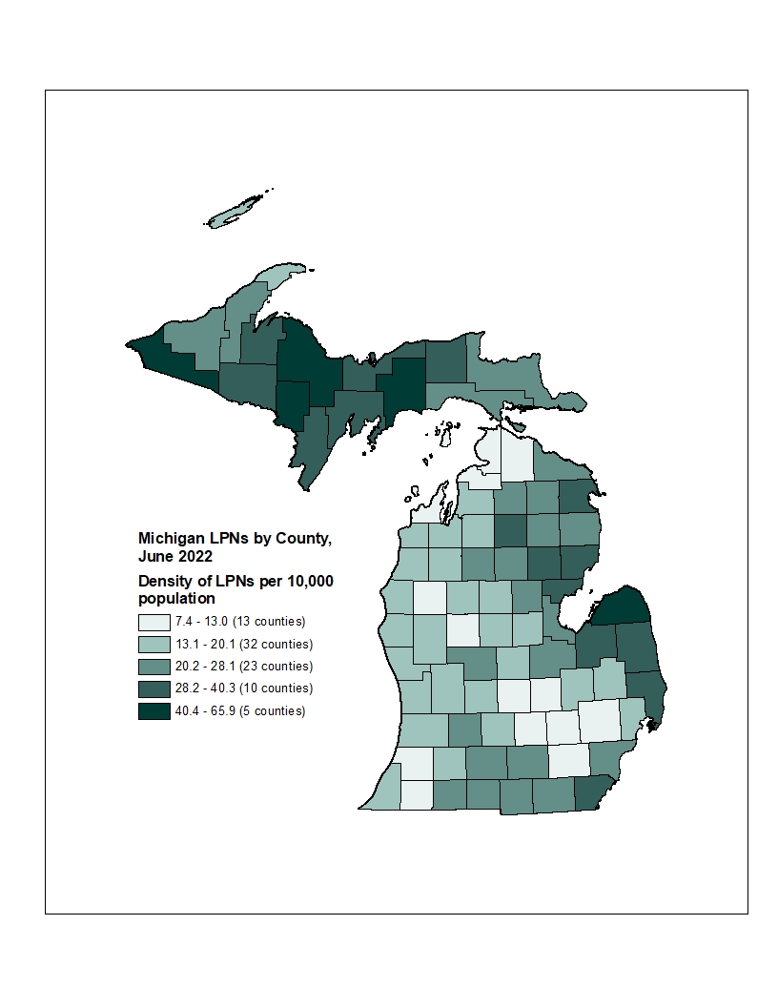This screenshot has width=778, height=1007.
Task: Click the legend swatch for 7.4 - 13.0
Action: pos(154,622)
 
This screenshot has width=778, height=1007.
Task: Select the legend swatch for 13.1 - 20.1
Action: pos(154,644)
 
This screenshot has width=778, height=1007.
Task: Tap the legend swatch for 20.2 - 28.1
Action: pos(154,666)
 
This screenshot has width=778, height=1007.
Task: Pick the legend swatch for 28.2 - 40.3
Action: pos(154,688)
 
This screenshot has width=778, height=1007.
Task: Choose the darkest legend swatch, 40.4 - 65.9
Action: pos(154,710)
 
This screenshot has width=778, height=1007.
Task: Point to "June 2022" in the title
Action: pos(175,556)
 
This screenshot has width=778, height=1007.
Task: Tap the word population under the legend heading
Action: pos(176,599)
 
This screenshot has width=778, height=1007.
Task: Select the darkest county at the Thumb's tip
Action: pos(624,605)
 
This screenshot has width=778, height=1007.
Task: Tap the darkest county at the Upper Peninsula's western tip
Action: pos(151,344)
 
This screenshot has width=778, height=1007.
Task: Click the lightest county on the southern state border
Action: pos(416,793)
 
